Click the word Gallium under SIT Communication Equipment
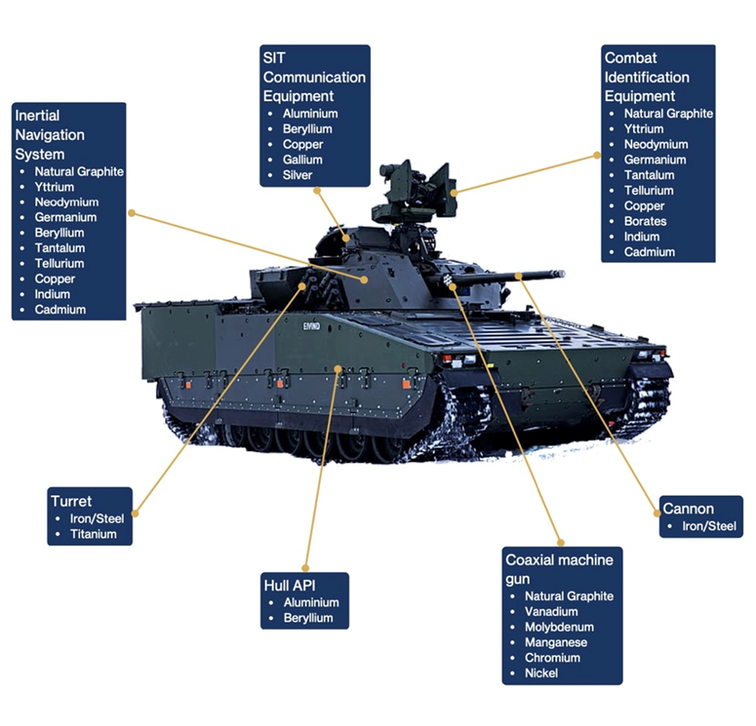(x=302, y=159)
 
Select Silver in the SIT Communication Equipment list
(x=298, y=175)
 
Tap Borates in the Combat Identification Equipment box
(x=645, y=221)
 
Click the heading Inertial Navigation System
(x=50, y=135)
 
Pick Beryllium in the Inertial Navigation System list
(x=59, y=232)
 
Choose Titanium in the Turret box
(x=93, y=534)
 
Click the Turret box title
(x=71, y=501)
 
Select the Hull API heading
(x=289, y=585)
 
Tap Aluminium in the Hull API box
(x=311, y=602)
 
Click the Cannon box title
(x=688, y=509)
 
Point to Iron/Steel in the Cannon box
(x=707, y=526)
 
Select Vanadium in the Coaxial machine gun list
(x=551, y=611)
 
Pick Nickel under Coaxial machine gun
(x=541, y=673)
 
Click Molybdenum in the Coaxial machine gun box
(x=559, y=627)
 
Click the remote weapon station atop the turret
(x=414, y=190)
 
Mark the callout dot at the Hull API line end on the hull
(x=338, y=368)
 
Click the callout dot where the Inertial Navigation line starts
(x=131, y=213)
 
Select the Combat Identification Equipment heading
(x=647, y=77)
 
